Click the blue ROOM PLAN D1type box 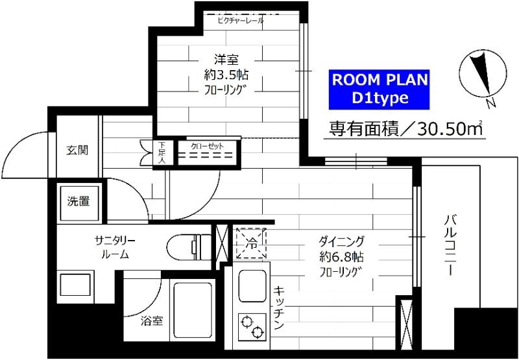pyautogui.click(x=380, y=89)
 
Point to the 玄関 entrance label pyautogui.click(x=77, y=150)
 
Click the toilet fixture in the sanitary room pyautogui.click(x=187, y=247)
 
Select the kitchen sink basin pyautogui.click(x=250, y=285)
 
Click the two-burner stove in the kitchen pyautogui.click(x=250, y=326)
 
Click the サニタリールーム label pyautogui.click(x=114, y=247)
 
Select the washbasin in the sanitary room pyautogui.click(x=77, y=285)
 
